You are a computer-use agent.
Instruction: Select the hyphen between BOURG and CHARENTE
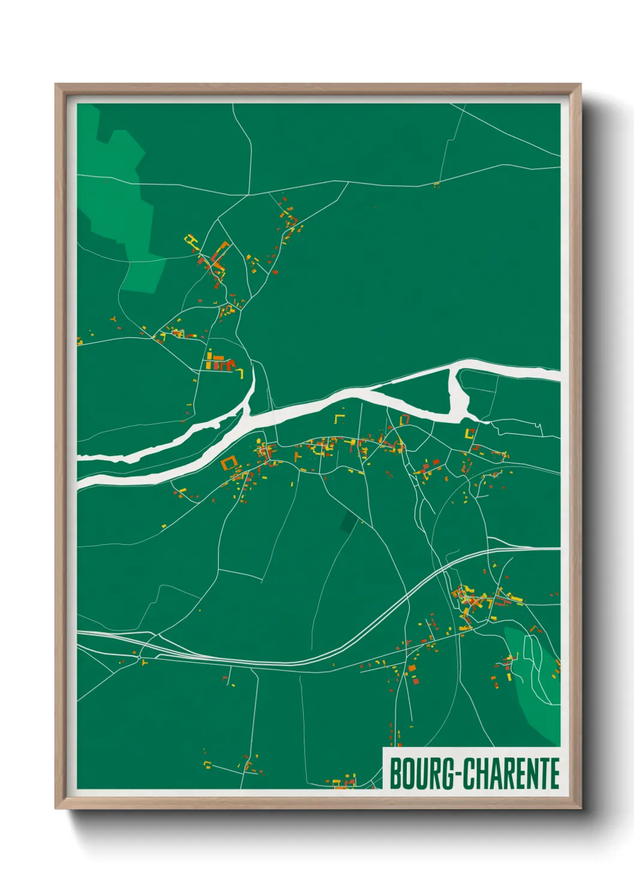pyautogui.click(x=458, y=775)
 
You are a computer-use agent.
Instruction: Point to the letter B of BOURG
pyautogui.click(x=396, y=774)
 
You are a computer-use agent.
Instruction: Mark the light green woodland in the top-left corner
pyautogui.click(x=120, y=192)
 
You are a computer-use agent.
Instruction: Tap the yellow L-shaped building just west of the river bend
pyautogui.click(x=241, y=374)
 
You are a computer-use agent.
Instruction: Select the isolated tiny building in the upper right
pyautogui.click(x=437, y=184)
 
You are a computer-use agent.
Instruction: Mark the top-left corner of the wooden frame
pyautogui.click(x=57, y=86)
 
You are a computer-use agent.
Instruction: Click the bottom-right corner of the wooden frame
pyautogui.click(x=579, y=807)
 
